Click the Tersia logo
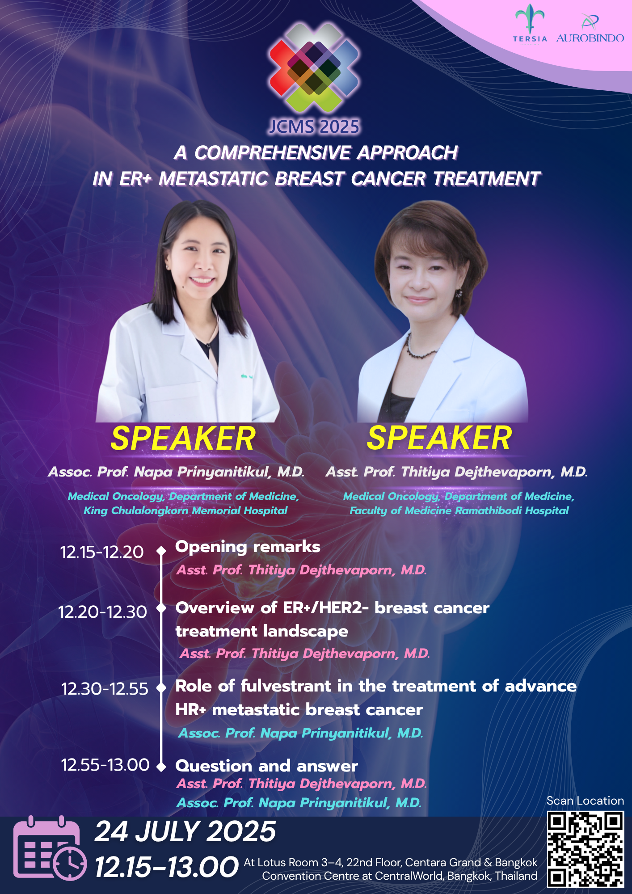pyautogui.click(x=530, y=24)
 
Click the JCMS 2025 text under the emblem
pyautogui.click(x=314, y=127)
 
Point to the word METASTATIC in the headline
pyautogui.click(x=213, y=179)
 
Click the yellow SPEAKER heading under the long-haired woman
pyautogui.click(x=183, y=438)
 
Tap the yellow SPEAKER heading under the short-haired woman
pyautogui.click(x=439, y=438)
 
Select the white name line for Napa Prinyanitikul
pyautogui.click(x=177, y=472)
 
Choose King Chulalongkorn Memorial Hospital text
pyautogui.click(x=185, y=510)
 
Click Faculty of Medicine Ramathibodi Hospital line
pyautogui.click(x=459, y=510)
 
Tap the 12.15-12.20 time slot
pyautogui.click(x=102, y=552)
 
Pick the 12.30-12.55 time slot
pyautogui.click(x=105, y=689)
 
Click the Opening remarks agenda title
pyautogui.click(x=248, y=547)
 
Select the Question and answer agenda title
pyautogui.click(x=266, y=766)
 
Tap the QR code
pyautogui.click(x=586, y=849)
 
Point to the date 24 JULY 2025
pyautogui.click(x=185, y=831)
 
